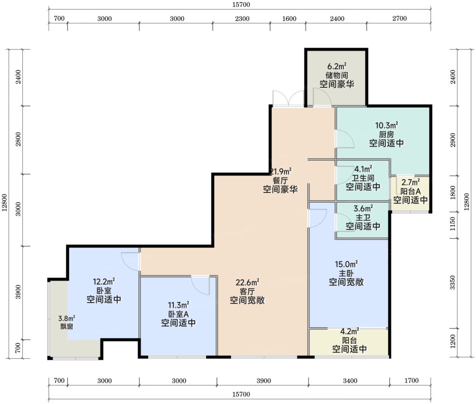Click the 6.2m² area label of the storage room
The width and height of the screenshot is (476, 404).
[337, 66]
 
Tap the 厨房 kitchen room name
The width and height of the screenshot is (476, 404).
[386, 134]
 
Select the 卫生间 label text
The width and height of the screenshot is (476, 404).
[363, 178]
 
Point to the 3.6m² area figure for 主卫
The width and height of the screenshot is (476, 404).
[363, 209]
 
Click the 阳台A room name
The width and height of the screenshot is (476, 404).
[411, 192]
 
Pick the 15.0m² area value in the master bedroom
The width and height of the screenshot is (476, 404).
[346, 264]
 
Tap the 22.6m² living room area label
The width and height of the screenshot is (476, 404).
[247, 282]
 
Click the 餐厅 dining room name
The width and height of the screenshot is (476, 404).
[280, 181]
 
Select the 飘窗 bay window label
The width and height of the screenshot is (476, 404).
[66, 327]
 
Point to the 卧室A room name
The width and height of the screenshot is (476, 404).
[178, 314]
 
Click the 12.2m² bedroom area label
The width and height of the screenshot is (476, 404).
[104, 282]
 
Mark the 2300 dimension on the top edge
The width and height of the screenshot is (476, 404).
[242, 19]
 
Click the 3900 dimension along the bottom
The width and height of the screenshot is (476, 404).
[264, 381]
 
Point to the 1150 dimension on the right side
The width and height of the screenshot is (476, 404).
[453, 223]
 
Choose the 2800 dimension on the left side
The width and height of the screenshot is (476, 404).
[18, 139]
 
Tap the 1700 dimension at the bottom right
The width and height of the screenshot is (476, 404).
[411, 380]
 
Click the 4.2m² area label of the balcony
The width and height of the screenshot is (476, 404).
[349, 331]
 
